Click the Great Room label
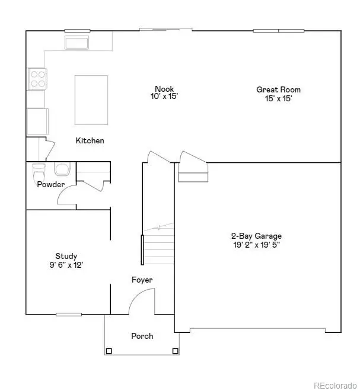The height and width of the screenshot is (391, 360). pyautogui.click(x=278, y=90)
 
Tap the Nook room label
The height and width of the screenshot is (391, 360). pyautogui.click(x=163, y=89)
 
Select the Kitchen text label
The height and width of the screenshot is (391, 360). pyautogui.click(x=90, y=141)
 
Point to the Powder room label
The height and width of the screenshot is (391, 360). pyautogui.click(x=51, y=185)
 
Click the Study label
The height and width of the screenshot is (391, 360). pyautogui.click(x=66, y=256)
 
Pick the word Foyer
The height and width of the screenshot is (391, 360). pyautogui.click(x=142, y=280)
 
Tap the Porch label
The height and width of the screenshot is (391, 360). pyautogui.click(x=142, y=336)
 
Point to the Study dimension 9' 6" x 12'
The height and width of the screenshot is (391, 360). pyautogui.click(x=66, y=265)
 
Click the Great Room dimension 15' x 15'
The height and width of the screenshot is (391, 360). pyautogui.click(x=278, y=99)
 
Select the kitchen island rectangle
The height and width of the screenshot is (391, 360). pyautogui.click(x=91, y=100)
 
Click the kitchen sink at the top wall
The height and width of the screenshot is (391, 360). pyautogui.click(x=77, y=43)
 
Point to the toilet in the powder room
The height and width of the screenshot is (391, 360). pyautogui.click(x=39, y=174)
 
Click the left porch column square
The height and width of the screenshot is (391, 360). pyautogui.click(x=109, y=351)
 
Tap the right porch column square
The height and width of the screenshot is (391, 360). pyautogui.click(x=175, y=351)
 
